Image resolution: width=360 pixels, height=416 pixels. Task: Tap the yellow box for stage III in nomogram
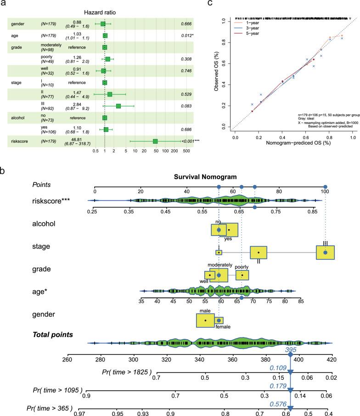pos(325,253)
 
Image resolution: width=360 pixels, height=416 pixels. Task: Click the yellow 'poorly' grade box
pos(242,275)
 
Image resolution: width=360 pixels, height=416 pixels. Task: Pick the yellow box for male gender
pos(205,320)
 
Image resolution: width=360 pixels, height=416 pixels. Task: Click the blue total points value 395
pos(290,350)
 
